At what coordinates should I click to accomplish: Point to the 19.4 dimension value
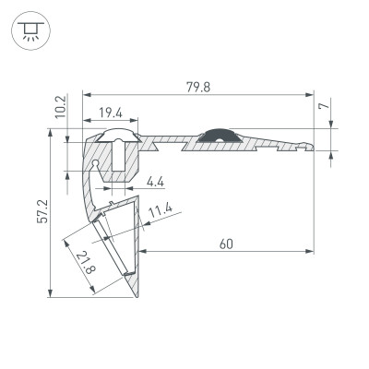click(x=111, y=112)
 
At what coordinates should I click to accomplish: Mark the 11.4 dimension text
click(x=161, y=211)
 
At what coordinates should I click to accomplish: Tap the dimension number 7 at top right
click(x=324, y=107)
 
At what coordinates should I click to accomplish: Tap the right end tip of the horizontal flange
click(x=312, y=145)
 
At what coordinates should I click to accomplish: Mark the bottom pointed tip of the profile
click(x=137, y=297)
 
